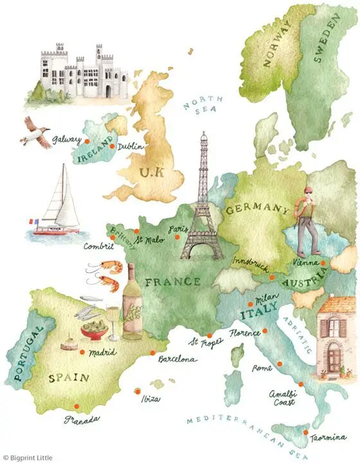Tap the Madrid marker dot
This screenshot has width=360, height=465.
pos(81,352)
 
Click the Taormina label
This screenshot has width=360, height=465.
pos(327,439)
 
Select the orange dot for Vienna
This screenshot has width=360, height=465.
pos(323,262)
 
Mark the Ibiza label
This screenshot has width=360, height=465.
pos(152,399)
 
